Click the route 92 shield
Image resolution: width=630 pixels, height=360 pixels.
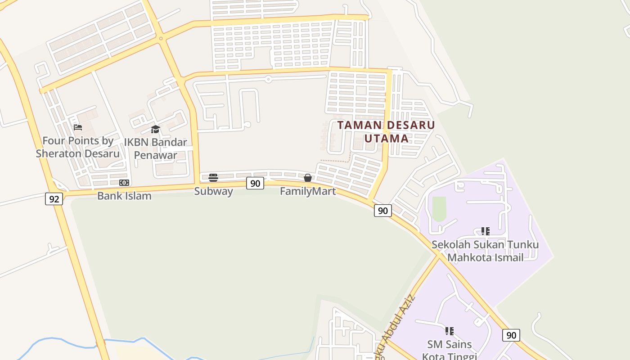tap(54, 199)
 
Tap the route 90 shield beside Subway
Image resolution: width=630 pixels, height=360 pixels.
tap(255, 183)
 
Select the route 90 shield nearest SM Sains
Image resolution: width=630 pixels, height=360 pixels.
tap(511, 335)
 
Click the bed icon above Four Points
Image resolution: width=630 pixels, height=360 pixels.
tap(78, 127)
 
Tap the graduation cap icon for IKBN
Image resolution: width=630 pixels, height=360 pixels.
tap(155, 130)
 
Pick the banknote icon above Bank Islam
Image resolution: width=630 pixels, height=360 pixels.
tap(124, 183)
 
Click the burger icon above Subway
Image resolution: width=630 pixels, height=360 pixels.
tap(213, 178)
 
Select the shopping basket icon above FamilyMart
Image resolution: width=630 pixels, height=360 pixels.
tap(308, 178)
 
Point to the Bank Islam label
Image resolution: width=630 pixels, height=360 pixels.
tap(124, 196)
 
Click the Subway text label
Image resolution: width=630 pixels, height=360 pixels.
tap(213, 191)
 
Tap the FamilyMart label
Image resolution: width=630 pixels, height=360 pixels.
tap(308, 191)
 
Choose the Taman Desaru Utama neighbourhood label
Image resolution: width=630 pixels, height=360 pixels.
tap(386, 131)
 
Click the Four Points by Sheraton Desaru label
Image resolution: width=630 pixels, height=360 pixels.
tap(78, 147)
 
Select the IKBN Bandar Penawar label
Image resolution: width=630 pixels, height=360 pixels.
tap(155, 149)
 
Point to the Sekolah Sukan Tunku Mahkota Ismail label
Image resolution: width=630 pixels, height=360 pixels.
tap(485, 251)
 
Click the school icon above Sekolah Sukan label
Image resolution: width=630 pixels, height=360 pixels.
tap(485, 231)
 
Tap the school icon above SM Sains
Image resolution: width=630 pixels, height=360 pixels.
tap(449, 331)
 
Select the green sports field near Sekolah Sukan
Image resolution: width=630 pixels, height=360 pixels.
tap(439, 209)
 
